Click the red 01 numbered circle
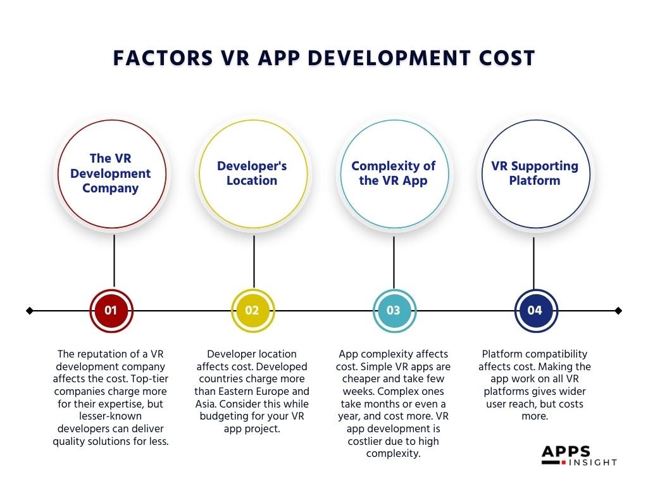coord(111,311)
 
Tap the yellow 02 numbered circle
coord(252,311)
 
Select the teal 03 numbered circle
coord(394,311)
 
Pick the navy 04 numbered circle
coord(535,311)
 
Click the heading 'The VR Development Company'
coord(111,173)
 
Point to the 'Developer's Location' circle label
coord(252,173)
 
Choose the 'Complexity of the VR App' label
coord(394,173)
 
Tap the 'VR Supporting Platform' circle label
coord(535,173)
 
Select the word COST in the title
coord(503,58)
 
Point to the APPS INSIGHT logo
coord(578,456)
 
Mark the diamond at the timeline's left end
coord(29,311)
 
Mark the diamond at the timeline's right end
coord(619,311)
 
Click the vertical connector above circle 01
coord(114,261)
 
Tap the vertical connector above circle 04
coord(533,261)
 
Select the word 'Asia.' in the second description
coord(213,404)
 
